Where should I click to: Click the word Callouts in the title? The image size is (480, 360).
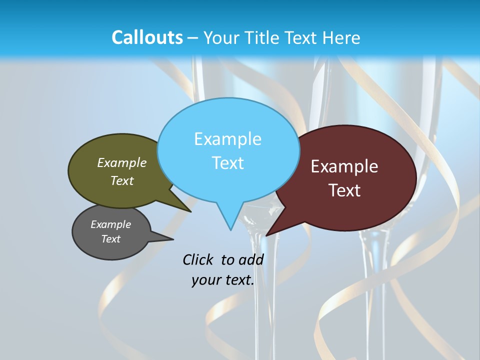tap(147, 37)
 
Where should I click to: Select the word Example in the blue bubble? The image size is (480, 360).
tap(227, 139)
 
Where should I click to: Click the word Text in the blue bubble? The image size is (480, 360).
tap(227, 163)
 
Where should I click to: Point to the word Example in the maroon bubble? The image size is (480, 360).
tap(344, 166)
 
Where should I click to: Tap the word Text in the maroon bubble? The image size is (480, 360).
tap(345, 190)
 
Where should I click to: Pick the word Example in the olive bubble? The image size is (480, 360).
tap(122, 162)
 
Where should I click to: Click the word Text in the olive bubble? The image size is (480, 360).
tap(122, 180)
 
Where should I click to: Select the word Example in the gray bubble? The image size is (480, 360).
tap(110, 224)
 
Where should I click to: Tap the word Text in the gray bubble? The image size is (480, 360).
tap(110, 239)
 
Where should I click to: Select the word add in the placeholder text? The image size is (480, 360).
tap(251, 259)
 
